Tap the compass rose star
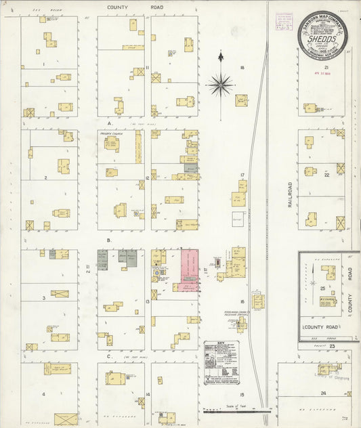click(x=221, y=85)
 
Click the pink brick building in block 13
click(x=189, y=270)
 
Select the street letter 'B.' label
click(x=108, y=240)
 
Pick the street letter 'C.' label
click(x=108, y=356)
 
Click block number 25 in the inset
click(x=321, y=288)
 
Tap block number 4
click(x=44, y=393)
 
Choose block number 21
click(x=326, y=68)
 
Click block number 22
click(x=326, y=175)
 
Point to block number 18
click(x=242, y=68)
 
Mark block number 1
click(x=44, y=64)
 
